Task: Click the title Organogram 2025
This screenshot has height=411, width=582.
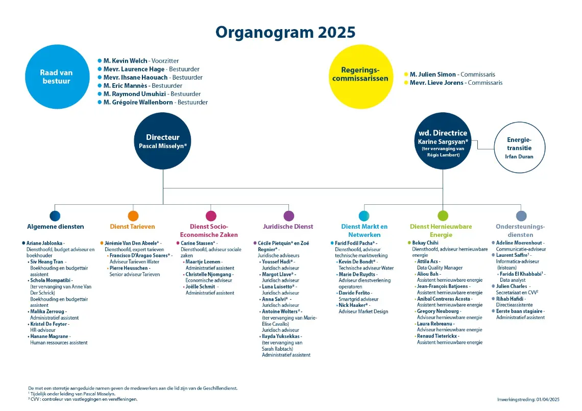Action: [x=285, y=32]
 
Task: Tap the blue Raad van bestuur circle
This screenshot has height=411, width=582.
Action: [x=57, y=77]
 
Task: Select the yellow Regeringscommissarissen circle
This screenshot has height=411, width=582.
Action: [x=361, y=77]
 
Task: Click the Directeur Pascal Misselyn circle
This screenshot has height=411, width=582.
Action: [x=162, y=141]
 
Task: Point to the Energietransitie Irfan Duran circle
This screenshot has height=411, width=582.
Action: [x=519, y=148]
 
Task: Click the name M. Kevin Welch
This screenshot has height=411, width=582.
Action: [x=126, y=61]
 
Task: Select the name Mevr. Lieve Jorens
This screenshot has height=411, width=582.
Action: [x=436, y=83]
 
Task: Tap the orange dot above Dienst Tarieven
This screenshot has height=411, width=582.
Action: [x=133, y=215]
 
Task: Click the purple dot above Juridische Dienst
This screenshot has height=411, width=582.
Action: [x=288, y=215]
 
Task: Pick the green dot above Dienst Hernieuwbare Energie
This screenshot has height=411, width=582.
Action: [x=443, y=215]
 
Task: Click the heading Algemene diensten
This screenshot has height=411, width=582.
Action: [x=56, y=227]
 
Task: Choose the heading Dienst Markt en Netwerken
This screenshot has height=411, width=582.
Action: [x=365, y=231]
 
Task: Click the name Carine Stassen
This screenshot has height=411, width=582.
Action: [x=197, y=244]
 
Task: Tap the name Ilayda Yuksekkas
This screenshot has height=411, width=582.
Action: [x=281, y=336]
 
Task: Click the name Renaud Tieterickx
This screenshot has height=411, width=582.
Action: [x=437, y=336]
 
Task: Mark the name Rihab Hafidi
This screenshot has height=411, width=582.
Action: [x=510, y=299]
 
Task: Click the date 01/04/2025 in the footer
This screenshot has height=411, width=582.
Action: [x=548, y=399]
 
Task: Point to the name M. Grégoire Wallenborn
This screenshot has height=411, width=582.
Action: [x=138, y=103]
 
